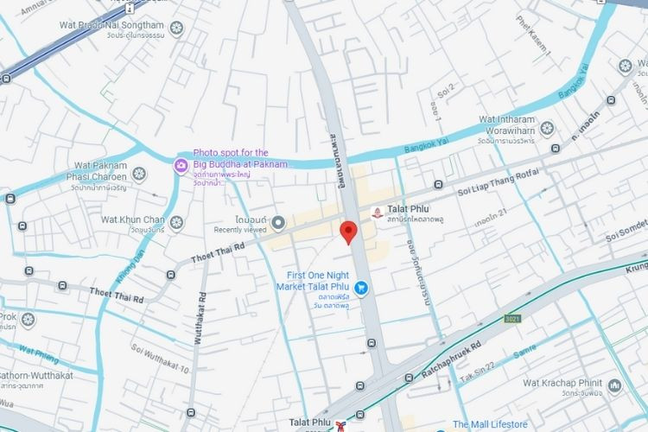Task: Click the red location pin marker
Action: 348,232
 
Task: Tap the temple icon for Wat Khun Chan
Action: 176,223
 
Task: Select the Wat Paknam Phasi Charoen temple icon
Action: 139,174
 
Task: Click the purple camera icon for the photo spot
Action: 181,165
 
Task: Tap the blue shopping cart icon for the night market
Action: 361,287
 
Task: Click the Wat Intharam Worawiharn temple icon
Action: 546,129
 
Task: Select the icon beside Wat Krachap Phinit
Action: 614,384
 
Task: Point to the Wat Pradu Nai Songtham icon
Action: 176,28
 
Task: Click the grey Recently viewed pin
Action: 278,224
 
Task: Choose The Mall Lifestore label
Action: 490,424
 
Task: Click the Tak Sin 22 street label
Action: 480,374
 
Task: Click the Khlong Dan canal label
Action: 127,269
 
